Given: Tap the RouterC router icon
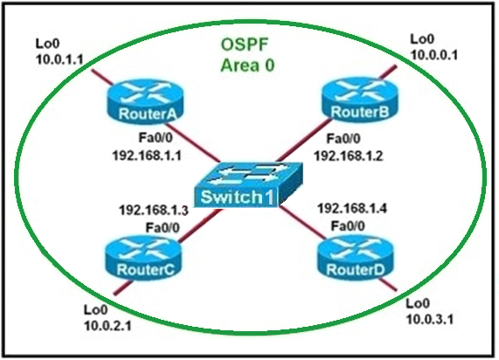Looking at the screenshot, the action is (x=144, y=258).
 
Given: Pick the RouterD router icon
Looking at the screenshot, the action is (x=355, y=258).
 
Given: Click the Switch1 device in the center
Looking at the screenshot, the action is (x=248, y=185).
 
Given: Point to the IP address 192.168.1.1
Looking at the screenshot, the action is (x=147, y=156).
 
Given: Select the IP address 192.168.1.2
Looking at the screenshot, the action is (x=349, y=156).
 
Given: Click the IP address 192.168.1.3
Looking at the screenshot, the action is (x=154, y=210).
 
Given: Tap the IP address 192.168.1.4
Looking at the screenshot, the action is (x=352, y=209).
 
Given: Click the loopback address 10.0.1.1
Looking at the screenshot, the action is (x=59, y=59).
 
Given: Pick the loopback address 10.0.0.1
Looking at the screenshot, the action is (x=434, y=55).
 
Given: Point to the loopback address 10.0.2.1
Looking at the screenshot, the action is (x=107, y=326).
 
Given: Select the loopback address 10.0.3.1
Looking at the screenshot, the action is (x=430, y=319).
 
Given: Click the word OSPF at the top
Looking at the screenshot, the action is (x=245, y=45).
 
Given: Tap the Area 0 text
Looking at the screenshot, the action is (x=247, y=66).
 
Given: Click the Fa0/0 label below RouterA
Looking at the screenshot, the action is (x=156, y=138).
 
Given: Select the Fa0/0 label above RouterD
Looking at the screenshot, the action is (x=348, y=226).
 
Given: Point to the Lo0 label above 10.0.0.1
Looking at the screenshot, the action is (x=422, y=39).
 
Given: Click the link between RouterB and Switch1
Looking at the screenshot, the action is (x=304, y=140).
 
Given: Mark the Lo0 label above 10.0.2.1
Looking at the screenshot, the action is (x=96, y=309).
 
